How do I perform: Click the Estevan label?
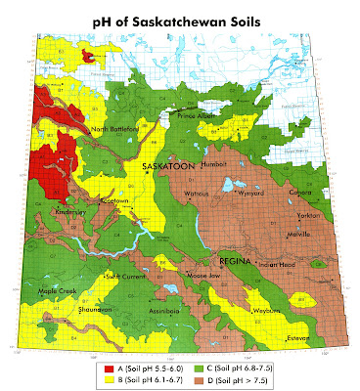point(307,340)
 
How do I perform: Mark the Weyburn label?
point(266,310)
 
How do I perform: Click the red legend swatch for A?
point(110,368)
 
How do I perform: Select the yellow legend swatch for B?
point(110,380)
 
